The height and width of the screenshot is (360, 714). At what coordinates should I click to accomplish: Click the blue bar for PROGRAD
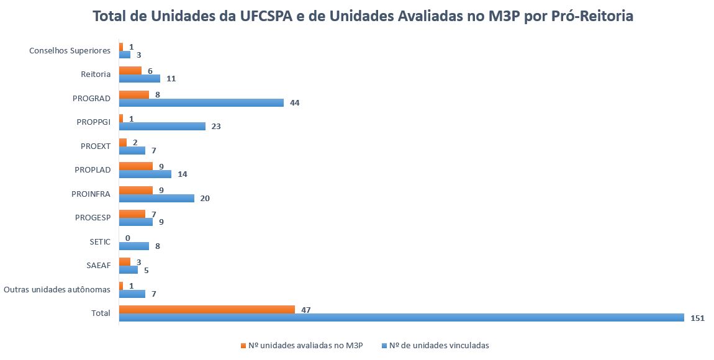click(x=201, y=102)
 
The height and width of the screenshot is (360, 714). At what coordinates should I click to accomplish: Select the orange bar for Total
click(x=207, y=309)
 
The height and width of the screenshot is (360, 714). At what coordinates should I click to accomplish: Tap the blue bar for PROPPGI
click(x=162, y=126)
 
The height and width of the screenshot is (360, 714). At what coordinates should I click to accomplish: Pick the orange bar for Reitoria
click(x=130, y=70)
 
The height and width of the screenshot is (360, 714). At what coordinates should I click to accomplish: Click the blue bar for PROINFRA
click(x=156, y=198)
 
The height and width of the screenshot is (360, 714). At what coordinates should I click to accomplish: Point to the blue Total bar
click(x=401, y=317)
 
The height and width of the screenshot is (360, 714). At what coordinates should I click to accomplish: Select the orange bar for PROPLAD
click(x=135, y=166)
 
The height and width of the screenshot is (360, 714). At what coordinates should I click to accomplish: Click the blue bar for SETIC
click(x=134, y=246)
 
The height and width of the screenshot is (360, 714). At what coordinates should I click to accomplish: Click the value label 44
click(x=295, y=102)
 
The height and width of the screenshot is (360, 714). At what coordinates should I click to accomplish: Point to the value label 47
click(x=305, y=309)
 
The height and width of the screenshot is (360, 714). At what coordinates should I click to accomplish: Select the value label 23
click(x=216, y=126)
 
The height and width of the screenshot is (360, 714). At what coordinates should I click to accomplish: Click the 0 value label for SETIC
click(x=127, y=238)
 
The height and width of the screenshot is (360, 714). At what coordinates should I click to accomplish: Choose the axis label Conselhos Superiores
click(x=70, y=50)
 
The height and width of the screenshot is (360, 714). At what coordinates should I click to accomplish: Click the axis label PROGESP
click(x=93, y=217)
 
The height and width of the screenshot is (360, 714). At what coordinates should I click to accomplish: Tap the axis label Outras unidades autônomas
click(x=56, y=289)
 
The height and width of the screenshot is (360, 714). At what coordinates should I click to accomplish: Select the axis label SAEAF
click(x=98, y=265)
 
